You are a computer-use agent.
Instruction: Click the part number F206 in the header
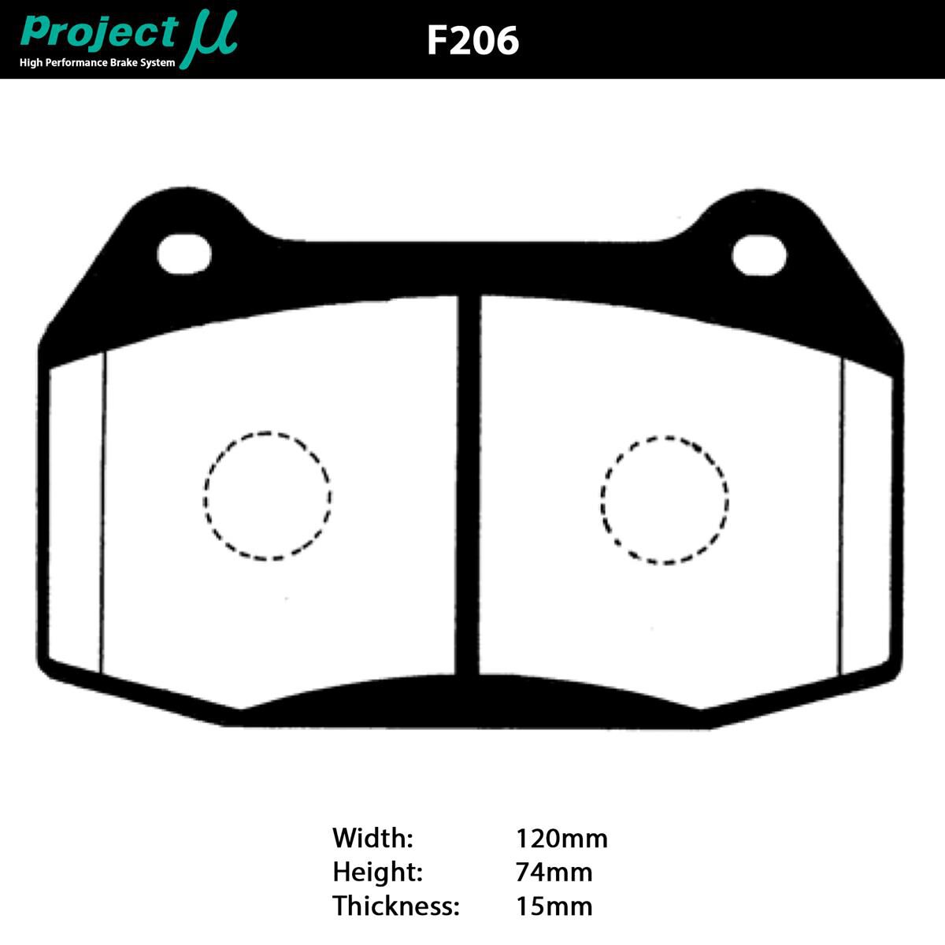point(472,40)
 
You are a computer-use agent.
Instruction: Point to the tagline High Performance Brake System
point(98,62)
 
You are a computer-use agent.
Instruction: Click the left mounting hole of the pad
point(184,254)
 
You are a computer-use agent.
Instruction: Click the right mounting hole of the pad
point(759,254)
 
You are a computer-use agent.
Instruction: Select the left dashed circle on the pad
point(268,496)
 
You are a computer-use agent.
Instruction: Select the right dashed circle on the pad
point(665,499)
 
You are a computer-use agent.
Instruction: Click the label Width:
point(372,838)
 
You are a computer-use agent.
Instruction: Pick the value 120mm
point(561,838)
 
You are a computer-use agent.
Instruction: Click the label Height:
point(378,872)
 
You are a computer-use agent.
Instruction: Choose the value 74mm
point(554,872)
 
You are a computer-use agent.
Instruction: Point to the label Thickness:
point(395,906)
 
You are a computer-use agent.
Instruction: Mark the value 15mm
point(554,906)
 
